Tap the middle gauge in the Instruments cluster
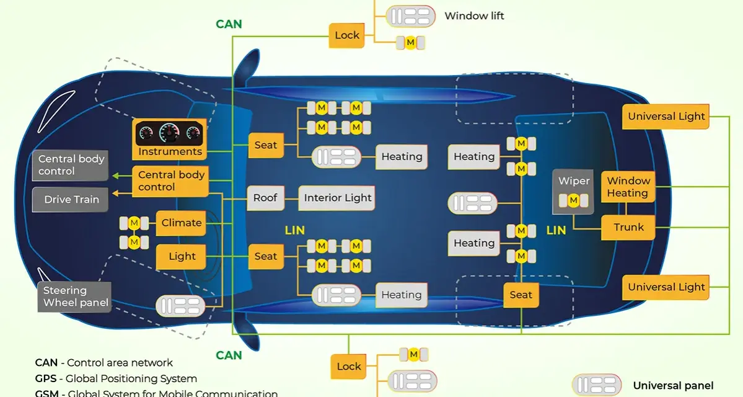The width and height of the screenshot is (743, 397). [x=169, y=132]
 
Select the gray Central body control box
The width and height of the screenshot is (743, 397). [x=70, y=165]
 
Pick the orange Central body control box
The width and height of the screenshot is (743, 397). [x=170, y=181]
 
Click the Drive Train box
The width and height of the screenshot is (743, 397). [x=70, y=200]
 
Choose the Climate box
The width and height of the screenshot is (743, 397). [x=181, y=223]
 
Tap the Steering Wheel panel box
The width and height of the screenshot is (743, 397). [x=74, y=297]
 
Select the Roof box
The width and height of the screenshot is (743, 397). [x=265, y=198]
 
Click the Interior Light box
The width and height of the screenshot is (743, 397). [x=337, y=198]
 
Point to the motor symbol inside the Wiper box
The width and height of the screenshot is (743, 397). [x=573, y=200]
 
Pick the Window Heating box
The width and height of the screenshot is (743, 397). [x=628, y=187]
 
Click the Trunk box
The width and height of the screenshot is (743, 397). [x=628, y=227]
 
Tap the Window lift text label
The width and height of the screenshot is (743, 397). [x=474, y=16]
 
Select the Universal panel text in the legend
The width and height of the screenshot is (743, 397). [x=673, y=386]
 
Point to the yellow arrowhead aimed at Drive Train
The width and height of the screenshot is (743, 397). [x=115, y=193]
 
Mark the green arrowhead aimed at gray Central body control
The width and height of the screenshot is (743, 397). [x=115, y=176]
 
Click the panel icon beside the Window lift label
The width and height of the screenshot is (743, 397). [x=410, y=16]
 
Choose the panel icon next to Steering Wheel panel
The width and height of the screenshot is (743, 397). [x=180, y=305]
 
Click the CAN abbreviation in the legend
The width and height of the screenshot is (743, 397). [x=46, y=363]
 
